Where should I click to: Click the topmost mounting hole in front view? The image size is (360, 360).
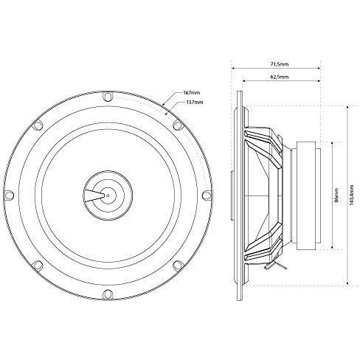108,97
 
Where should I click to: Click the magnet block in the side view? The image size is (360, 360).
309,195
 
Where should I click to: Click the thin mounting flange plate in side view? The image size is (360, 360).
238,195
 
